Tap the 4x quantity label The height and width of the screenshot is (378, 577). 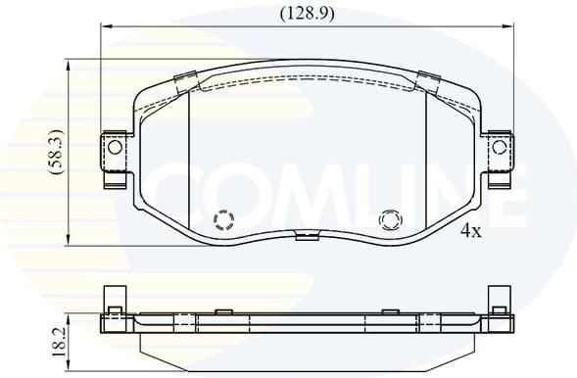(x=471, y=231)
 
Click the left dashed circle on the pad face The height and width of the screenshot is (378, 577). (x=224, y=220)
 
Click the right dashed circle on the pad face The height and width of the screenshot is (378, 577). (x=390, y=220)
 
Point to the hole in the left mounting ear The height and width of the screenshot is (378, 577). (x=115, y=148)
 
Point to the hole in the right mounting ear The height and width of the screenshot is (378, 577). (x=500, y=148)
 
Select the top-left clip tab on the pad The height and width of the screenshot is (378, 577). (x=184, y=82)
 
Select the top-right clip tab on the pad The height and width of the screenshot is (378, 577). (x=429, y=80)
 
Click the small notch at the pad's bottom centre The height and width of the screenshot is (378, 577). (x=308, y=235)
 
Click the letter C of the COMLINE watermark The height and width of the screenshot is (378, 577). (x=182, y=193)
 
